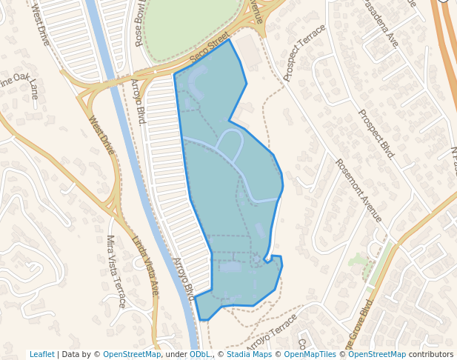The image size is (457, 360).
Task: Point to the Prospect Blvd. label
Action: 377,136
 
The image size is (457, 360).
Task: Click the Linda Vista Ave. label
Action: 145,265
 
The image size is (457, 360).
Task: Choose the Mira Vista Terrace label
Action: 116,271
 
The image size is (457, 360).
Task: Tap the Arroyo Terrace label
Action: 271,332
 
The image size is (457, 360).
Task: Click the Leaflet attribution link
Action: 41,354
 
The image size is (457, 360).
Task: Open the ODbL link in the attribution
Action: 200,354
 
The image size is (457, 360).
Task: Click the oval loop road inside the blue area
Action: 230,145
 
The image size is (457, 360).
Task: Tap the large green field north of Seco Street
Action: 191,26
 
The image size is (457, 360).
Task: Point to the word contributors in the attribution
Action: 431,354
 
